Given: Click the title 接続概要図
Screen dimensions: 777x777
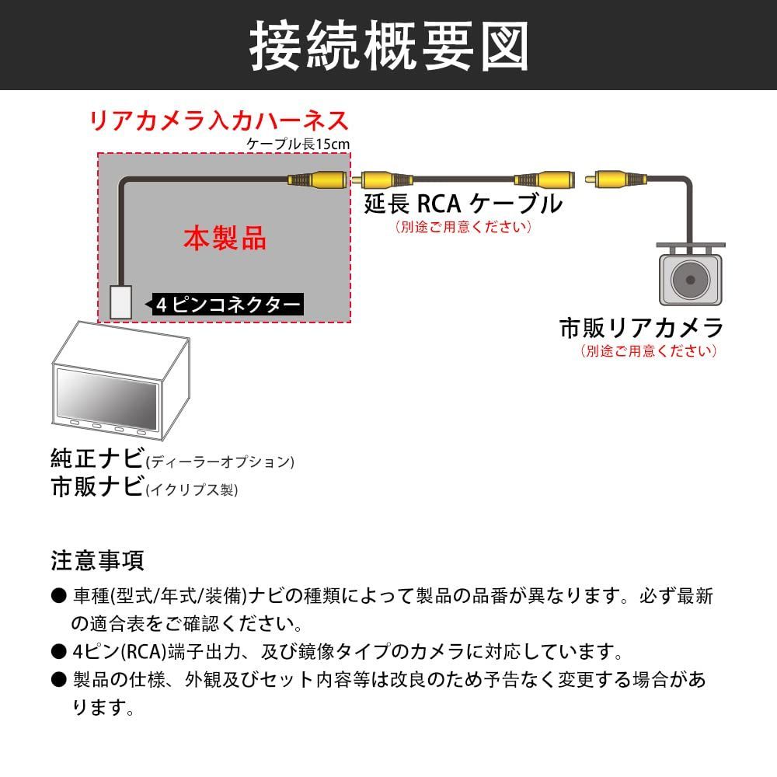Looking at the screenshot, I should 388,45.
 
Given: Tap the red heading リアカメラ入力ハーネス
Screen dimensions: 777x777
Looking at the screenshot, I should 218,121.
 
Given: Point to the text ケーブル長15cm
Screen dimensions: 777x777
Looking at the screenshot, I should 298,144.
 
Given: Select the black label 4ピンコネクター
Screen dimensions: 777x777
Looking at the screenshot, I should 227,305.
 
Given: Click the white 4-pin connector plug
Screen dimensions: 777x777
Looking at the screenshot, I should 120,301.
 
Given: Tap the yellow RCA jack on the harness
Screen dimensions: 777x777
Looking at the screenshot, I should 319,180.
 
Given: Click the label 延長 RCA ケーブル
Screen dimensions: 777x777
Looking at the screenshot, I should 463,204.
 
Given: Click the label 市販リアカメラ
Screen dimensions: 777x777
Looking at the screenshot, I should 641,328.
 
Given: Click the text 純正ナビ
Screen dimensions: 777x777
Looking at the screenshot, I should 96,458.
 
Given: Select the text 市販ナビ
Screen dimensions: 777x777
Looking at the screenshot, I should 96,487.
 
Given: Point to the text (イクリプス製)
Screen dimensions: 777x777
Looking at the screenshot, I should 192,490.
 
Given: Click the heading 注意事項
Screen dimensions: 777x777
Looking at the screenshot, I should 97,559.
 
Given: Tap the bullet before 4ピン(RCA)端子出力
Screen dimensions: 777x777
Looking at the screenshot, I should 58,650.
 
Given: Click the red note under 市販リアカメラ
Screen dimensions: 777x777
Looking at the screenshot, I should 648,350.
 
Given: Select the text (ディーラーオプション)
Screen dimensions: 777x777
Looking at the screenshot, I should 220,462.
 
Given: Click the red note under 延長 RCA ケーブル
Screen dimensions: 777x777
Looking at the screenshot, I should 463,227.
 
